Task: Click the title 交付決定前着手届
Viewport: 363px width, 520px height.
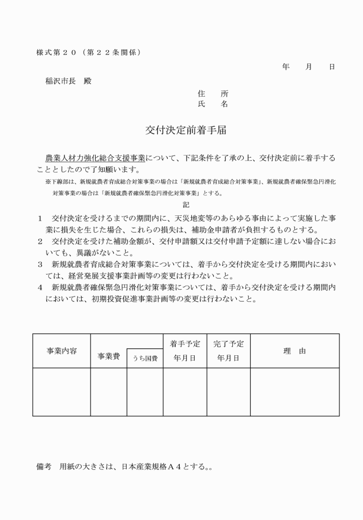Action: [185, 130]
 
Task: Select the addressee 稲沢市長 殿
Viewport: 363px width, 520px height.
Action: [69, 81]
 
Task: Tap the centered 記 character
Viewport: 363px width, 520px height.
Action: [185, 204]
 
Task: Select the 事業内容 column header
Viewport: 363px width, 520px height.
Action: [61, 351]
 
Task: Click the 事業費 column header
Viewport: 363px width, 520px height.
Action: [108, 356]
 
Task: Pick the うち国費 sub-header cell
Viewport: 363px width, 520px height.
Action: [145, 359]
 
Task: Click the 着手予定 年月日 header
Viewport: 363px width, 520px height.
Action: [185, 351]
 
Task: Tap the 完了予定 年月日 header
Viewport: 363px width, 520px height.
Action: [228, 351]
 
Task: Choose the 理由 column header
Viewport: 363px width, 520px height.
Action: [294, 351]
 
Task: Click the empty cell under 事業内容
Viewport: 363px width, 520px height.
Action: [61, 392]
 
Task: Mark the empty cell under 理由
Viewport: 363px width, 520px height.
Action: [294, 392]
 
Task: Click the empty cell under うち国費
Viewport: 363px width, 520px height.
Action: [145, 392]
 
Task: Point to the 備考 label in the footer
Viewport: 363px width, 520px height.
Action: [43, 467]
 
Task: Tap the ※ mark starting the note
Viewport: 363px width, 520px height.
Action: [48, 181]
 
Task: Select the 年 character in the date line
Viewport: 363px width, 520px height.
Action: [286, 67]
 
